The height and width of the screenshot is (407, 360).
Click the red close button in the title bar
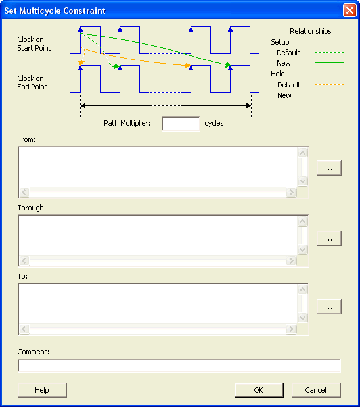(x=349, y=11)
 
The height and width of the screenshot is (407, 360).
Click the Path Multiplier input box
(x=181, y=124)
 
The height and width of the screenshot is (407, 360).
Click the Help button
(x=42, y=390)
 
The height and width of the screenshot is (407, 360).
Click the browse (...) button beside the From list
(x=329, y=168)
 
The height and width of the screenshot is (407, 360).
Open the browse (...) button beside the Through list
(x=329, y=238)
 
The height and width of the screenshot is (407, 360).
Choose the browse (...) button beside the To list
(x=329, y=306)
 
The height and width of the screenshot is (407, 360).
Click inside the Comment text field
(x=179, y=366)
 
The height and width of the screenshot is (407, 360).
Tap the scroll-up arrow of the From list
(x=302, y=153)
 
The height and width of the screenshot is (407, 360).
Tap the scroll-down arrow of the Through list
(x=302, y=249)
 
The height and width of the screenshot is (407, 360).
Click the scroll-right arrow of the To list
(x=291, y=329)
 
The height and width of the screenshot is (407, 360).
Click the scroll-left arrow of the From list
(x=24, y=193)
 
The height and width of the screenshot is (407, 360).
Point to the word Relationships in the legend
(x=311, y=31)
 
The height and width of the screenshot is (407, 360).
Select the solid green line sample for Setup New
(x=329, y=63)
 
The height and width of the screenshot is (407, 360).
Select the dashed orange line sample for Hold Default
(x=329, y=84)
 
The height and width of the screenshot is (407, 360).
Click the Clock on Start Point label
(x=34, y=43)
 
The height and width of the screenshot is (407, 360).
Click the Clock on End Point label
(x=32, y=83)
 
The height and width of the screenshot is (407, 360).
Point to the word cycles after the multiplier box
(x=214, y=123)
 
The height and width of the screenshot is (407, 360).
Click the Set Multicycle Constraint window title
(x=55, y=11)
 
